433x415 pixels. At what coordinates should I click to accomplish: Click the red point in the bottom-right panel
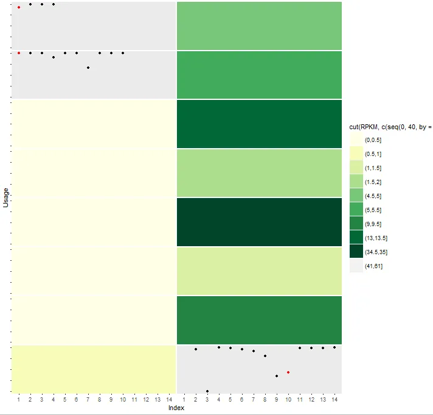point(288,372)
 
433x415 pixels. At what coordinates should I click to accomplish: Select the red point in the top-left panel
point(19,7)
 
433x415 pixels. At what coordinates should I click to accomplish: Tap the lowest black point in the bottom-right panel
point(207,391)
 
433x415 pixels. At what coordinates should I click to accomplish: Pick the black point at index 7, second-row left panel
point(88,68)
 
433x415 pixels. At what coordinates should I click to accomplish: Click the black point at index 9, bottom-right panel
point(277,376)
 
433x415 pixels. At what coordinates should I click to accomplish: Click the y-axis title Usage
point(5,197)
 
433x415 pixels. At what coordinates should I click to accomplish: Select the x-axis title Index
point(176,408)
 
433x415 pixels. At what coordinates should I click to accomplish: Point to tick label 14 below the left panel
point(169,400)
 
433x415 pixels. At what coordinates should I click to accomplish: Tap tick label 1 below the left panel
point(19,400)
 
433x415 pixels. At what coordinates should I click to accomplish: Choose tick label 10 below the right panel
point(288,400)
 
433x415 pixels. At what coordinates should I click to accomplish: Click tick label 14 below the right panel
point(334,400)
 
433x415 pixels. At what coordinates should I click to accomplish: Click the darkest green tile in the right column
point(259,222)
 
